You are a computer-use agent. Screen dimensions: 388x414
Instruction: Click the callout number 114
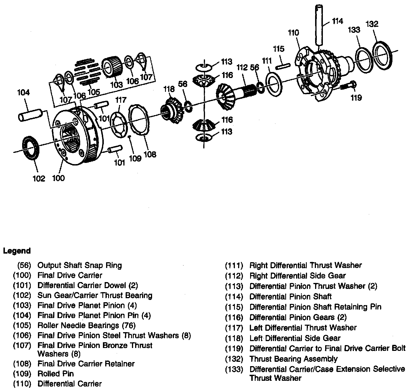(338, 21)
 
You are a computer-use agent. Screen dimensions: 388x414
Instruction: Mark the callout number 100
(58, 178)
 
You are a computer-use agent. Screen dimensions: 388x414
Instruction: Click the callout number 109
(135, 158)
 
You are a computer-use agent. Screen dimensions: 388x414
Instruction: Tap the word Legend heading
(17, 251)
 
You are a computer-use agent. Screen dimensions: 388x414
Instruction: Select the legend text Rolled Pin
(55, 374)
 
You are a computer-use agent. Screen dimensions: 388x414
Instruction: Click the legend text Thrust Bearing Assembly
(293, 359)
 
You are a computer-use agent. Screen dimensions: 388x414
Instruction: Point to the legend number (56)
(24, 265)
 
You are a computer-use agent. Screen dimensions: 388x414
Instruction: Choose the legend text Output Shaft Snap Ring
(80, 265)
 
